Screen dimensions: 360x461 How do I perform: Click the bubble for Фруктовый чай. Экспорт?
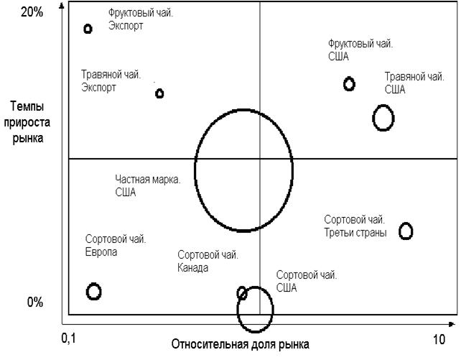pyautogui.click(x=88, y=29)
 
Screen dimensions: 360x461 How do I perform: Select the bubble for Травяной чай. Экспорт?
pyautogui.click(x=159, y=93)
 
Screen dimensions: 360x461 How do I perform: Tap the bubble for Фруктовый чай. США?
pyautogui.click(x=349, y=84)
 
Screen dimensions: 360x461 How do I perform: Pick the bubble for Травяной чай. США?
pyautogui.click(x=383, y=117)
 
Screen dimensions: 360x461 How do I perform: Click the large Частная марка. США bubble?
pyautogui.click(x=244, y=170)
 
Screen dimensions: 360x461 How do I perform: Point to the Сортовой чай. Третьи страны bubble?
pyautogui.click(x=406, y=231)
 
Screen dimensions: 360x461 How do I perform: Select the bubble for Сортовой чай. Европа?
pyautogui.click(x=93, y=291)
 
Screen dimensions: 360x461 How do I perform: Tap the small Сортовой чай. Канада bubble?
pyautogui.click(x=242, y=292)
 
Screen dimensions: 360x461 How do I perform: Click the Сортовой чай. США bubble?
pyautogui.click(x=255, y=310)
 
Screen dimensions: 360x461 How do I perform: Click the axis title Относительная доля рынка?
pyautogui.click(x=241, y=343)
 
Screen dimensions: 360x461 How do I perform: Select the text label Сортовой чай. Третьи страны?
pyautogui.click(x=355, y=226)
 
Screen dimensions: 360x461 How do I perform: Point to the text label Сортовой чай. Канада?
pyautogui.click(x=208, y=262)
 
